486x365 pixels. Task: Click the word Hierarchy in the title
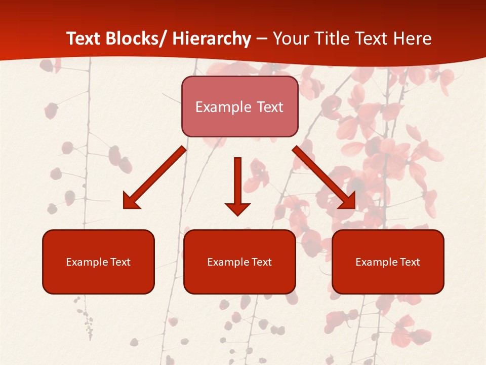click(x=212, y=39)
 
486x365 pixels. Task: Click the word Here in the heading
click(x=412, y=39)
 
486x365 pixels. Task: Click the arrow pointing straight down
click(x=237, y=182)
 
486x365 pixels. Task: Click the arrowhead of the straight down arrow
click(x=237, y=208)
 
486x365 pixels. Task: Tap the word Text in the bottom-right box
click(x=409, y=262)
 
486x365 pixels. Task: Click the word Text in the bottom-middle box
click(x=261, y=262)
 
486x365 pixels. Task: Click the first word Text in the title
click(x=84, y=39)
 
